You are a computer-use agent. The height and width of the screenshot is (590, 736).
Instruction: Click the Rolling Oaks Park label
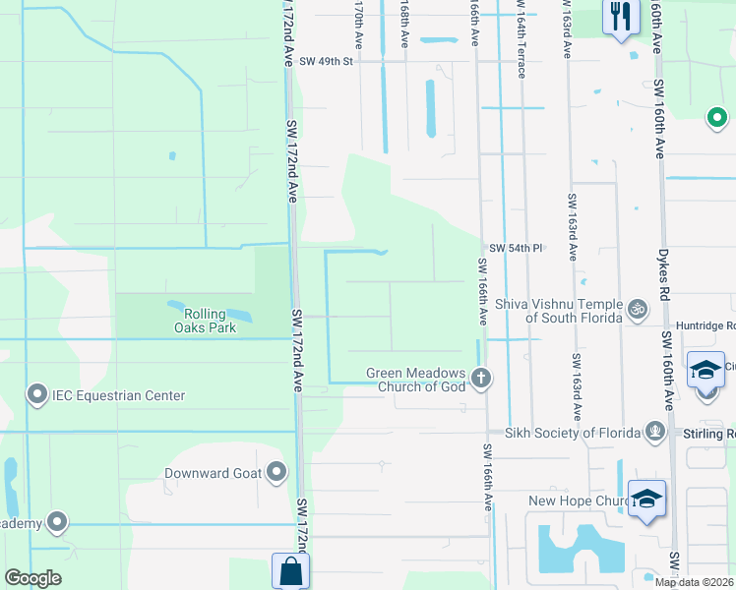[206, 321]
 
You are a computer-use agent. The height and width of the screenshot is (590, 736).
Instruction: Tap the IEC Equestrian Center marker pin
[37, 395]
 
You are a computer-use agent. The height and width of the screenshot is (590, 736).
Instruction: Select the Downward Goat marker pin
[276, 473]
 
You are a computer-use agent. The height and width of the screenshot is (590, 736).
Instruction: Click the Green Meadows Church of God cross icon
[481, 378]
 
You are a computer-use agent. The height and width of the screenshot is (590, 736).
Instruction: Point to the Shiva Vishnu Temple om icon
[637, 310]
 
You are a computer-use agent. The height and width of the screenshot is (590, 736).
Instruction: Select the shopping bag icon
[290, 571]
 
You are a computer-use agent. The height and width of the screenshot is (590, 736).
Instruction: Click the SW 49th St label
[326, 61]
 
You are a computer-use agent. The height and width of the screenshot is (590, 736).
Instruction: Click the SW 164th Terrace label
[520, 29]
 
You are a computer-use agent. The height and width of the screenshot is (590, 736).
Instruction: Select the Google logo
[32, 578]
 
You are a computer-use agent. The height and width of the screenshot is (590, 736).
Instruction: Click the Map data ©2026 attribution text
[695, 582]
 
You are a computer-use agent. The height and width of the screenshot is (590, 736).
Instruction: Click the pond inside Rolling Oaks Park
[213, 309]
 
